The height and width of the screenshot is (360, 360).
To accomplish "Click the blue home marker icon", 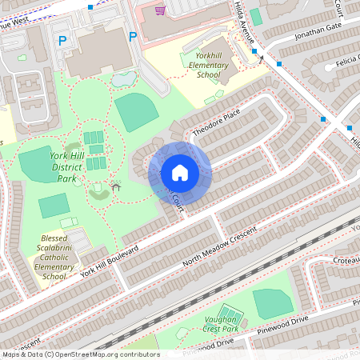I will [x=180, y=172].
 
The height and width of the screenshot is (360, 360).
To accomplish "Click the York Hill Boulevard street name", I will [x=110, y=262].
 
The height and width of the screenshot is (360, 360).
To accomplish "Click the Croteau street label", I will [x=342, y=259].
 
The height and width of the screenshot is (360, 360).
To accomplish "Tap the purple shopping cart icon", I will [x=161, y=10].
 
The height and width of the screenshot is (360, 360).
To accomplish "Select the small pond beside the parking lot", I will [x=123, y=78].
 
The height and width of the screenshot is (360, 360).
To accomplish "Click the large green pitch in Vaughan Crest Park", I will [x=273, y=302].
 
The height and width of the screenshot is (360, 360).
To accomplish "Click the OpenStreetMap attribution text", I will [x=80, y=354].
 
